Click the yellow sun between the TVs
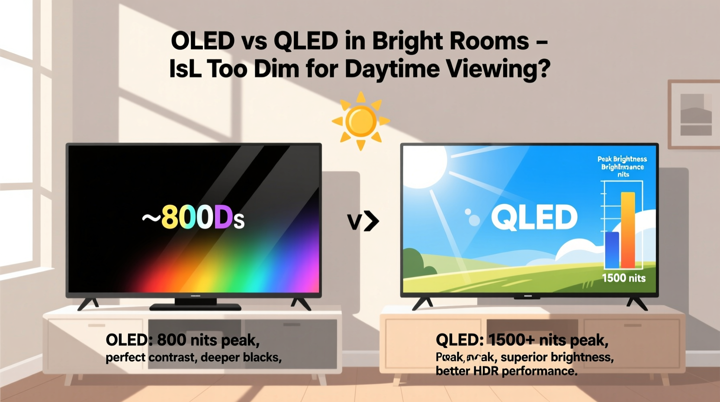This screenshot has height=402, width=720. (360, 121)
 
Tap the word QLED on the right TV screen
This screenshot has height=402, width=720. (534, 217)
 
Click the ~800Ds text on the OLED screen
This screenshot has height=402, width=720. (193, 217)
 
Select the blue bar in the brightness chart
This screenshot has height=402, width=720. (612, 250)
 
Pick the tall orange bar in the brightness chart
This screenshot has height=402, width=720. (628, 230)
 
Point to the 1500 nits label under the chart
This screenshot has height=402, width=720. (624, 278)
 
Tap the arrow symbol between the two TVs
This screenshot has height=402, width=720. (363, 221)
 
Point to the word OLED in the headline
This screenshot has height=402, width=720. (202, 42)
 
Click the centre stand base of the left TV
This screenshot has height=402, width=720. (195, 306)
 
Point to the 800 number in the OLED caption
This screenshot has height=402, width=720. (171, 340)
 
